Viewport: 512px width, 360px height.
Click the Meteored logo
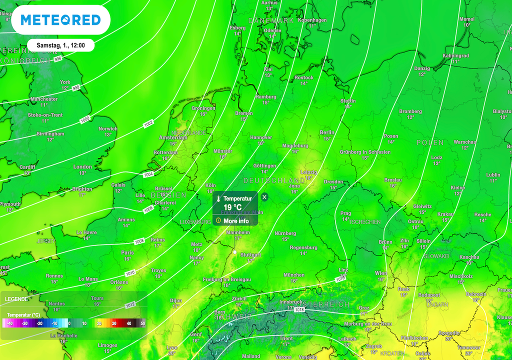tap(60, 20)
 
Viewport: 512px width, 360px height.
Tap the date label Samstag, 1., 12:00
tap(60, 45)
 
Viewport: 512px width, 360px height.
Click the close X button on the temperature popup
tap(264, 197)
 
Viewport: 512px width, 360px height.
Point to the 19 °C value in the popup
tap(232, 207)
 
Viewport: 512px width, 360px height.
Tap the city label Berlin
tap(326, 132)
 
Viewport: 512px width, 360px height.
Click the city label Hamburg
tap(265, 97)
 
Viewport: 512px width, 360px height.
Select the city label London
tap(82, 167)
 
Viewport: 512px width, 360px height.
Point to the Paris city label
tap(127, 252)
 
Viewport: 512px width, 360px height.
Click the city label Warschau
tap(464, 142)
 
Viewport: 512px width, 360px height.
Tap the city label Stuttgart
tap(250, 254)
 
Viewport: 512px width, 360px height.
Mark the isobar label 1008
tap(139, 242)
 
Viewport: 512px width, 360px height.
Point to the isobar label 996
tap(58, 59)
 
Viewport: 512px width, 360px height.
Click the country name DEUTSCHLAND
tap(274, 180)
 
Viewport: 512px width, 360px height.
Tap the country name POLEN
tap(430, 143)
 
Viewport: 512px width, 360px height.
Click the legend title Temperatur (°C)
tap(22, 315)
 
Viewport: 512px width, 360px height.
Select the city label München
tap(294, 275)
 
